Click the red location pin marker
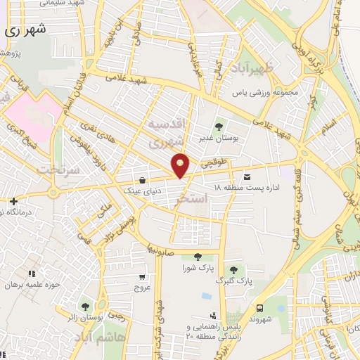pos(181,165)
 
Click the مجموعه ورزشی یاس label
pos(257,91)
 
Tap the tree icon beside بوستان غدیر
pos(219,127)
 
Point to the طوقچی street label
pos(216,163)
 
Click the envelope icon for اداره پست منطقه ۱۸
pos(247,175)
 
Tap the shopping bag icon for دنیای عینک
pos(143,179)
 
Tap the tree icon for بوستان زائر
pos(86,306)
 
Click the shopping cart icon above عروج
pos(143,276)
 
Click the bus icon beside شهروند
pos(260,308)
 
